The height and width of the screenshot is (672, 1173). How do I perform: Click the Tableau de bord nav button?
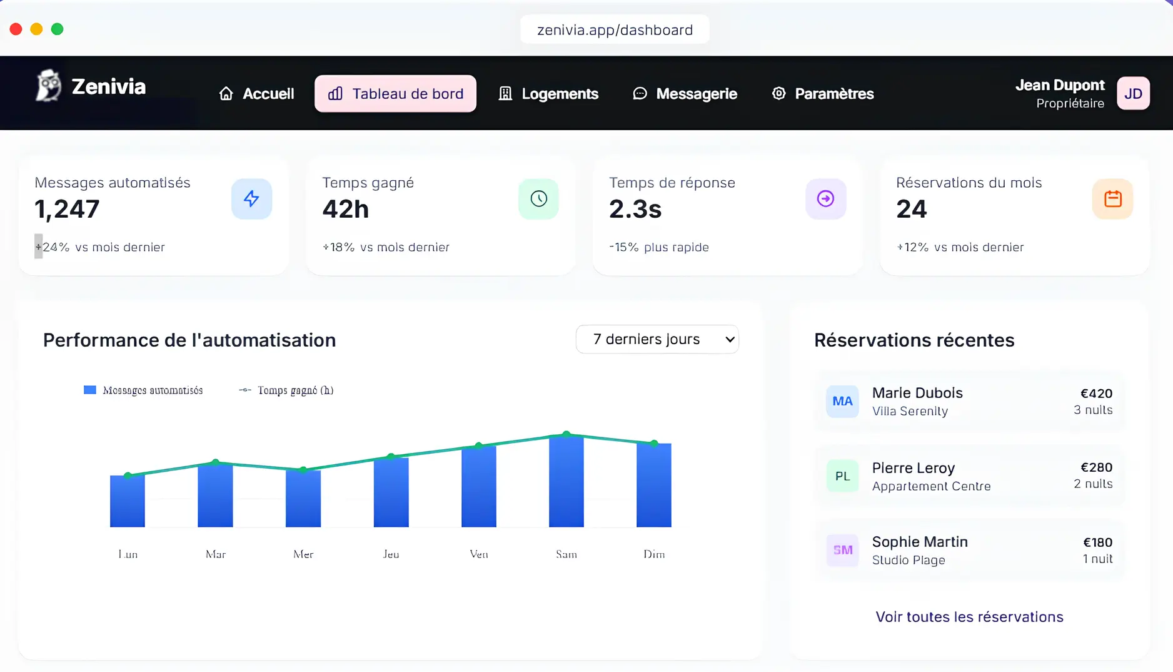(x=395, y=94)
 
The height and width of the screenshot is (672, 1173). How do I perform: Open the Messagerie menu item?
(x=685, y=94)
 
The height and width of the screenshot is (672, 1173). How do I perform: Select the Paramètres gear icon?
(x=778, y=93)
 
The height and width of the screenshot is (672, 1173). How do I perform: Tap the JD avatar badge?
(x=1133, y=94)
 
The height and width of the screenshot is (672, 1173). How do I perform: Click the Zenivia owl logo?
(x=48, y=86)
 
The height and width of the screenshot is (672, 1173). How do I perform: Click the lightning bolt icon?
(x=251, y=199)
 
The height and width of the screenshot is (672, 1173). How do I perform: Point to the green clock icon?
(x=538, y=199)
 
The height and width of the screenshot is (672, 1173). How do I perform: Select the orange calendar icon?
(x=1112, y=199)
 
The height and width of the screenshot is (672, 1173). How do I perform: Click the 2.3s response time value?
(x=635, y=209)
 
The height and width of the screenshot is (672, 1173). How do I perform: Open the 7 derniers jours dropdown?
(x=657, y=339)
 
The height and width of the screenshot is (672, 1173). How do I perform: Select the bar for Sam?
(x=566, y=482)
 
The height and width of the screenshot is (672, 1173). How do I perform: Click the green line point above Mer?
(x=303, y=469)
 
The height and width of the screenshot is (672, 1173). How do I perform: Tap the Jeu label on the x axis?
(x=391, y=554)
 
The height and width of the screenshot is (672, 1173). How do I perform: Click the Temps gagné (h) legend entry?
(x=287, y=390)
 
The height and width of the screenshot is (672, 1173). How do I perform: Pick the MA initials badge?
(x=842, y=401)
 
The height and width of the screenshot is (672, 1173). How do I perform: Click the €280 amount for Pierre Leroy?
(x=1096, y=467)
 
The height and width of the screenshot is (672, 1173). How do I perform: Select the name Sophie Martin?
(x=920, y=542)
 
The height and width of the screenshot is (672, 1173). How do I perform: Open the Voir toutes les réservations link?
(x=969, y=617)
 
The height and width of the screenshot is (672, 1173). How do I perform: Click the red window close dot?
(x=16, y=29)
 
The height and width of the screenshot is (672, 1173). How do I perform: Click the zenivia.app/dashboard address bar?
(x=615, y=30)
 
